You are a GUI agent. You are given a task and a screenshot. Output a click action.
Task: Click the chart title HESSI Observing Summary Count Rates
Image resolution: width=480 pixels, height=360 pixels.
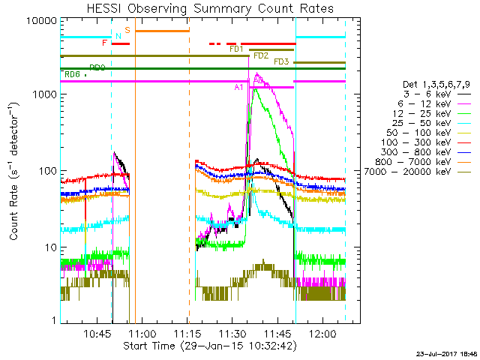pos(209,8)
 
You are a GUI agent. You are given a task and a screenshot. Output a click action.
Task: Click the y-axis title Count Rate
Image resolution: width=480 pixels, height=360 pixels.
pos(15,172)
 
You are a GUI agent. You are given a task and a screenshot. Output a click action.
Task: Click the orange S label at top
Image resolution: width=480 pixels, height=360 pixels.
pos(127,30)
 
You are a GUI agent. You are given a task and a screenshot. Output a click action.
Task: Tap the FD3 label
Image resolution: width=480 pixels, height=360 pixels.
pos(282,61)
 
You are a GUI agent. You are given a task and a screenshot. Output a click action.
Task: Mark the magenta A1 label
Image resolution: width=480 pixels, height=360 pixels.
pos(239,87)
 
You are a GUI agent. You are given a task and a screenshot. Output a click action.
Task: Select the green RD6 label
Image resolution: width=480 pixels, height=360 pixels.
pos(72,74)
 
